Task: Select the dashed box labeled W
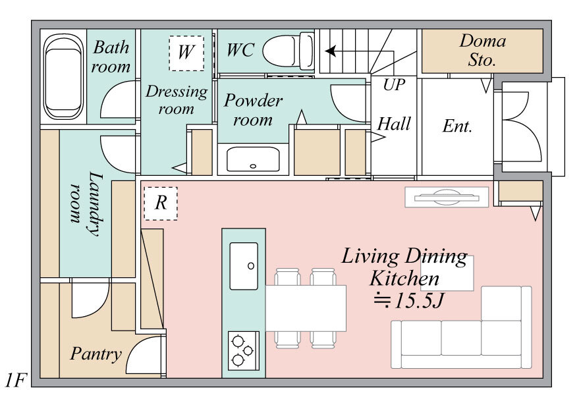pos(186,53)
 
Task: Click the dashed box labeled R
pos(161,203)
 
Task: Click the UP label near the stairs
pos(394,85)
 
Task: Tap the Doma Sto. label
pos(482,50)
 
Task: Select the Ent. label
pos(457,126)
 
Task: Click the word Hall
pos(394,124)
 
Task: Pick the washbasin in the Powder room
pos(253,159)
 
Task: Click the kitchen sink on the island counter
pos(244,266)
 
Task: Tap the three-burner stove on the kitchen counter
pos(243,351)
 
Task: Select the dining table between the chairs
pos(306,308)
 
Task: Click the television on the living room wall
pos(447,197)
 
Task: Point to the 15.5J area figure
pos(408,301)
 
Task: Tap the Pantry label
pos(96,354)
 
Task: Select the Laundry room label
pos(86,203)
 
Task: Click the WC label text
pos(240,50)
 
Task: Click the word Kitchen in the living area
pos(404,279)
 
